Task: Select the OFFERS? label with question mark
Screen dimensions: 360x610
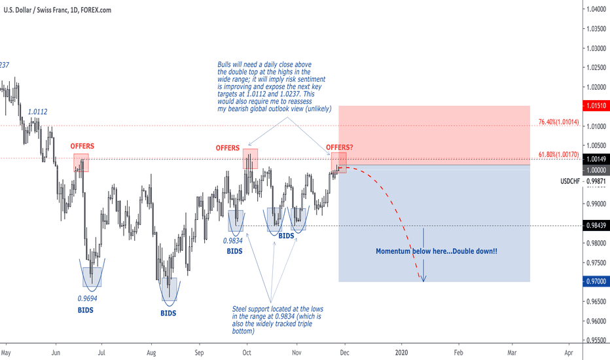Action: tap(339, 147)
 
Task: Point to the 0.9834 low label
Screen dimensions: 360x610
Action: tap(235, 240)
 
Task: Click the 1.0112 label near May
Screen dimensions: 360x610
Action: tap(37, 112)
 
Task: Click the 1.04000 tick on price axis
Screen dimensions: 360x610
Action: tap(593, 9)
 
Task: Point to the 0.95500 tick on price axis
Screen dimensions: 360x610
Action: tap(593, 340)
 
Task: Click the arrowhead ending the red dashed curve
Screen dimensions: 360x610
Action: tap(423, 280)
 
